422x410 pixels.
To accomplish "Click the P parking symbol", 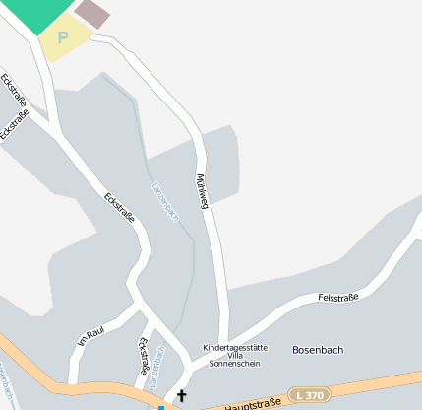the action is tap(64, 37).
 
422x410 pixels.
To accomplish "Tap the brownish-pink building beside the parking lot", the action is tap(93, 12).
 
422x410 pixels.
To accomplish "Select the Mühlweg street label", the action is tap(202, 191).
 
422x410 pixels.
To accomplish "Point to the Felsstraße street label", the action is tap(338, 296).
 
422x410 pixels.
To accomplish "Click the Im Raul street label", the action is tap(90, 337).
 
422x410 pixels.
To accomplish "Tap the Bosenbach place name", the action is tap(317, 350).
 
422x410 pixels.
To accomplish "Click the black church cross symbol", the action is tap(181, 396).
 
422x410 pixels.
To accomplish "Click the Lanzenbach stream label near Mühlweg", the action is tap(165, 201).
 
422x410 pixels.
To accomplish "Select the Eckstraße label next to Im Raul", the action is tap(144, 353).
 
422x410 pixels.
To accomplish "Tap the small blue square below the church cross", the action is tap(161, 407).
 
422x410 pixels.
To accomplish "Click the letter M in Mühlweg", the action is tap(198, 178).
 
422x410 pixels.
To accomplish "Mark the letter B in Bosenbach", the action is tap(296, 350).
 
